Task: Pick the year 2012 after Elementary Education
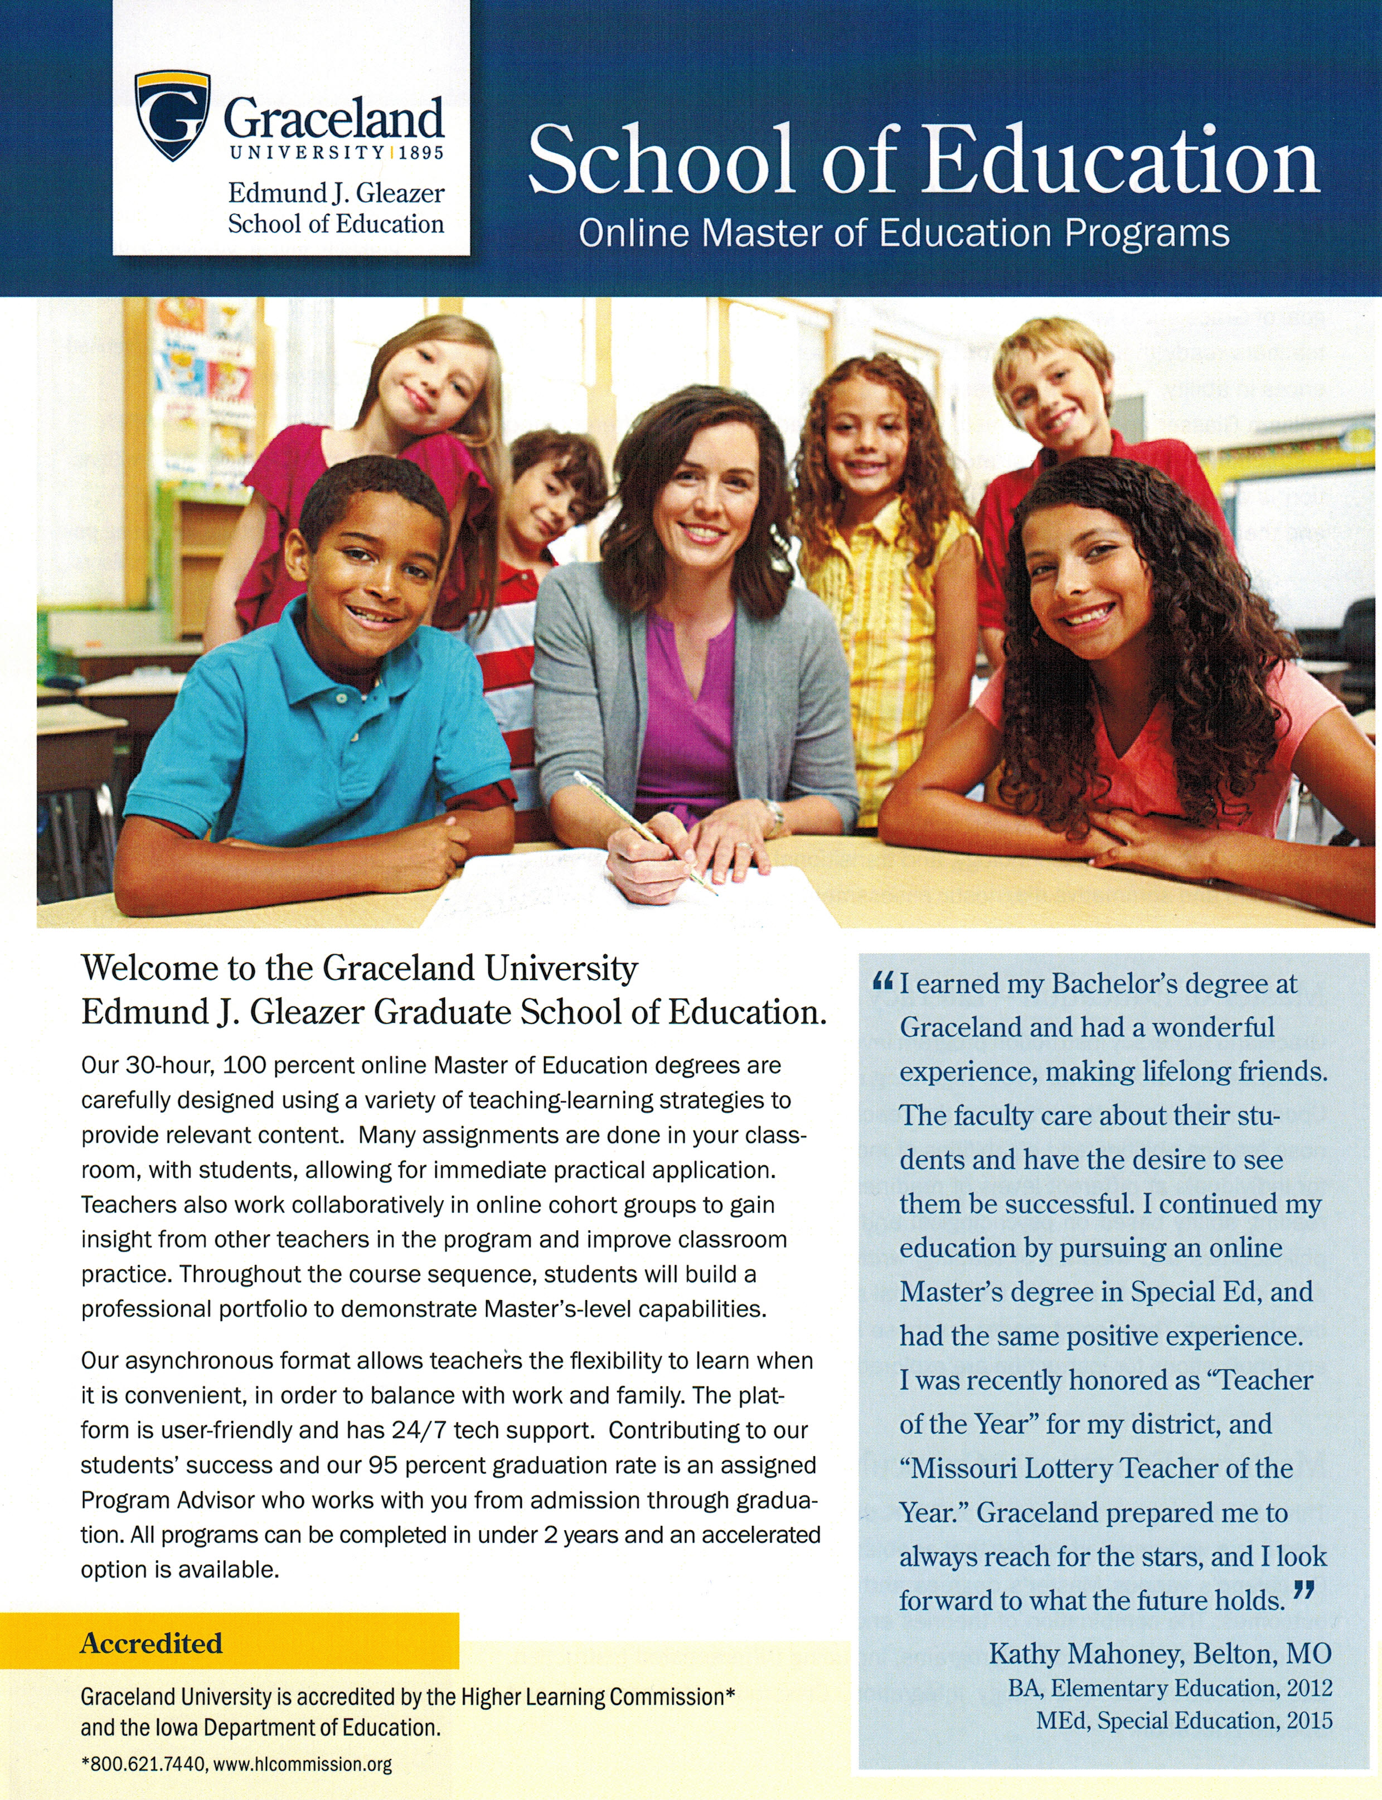coord(1309,1688)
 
